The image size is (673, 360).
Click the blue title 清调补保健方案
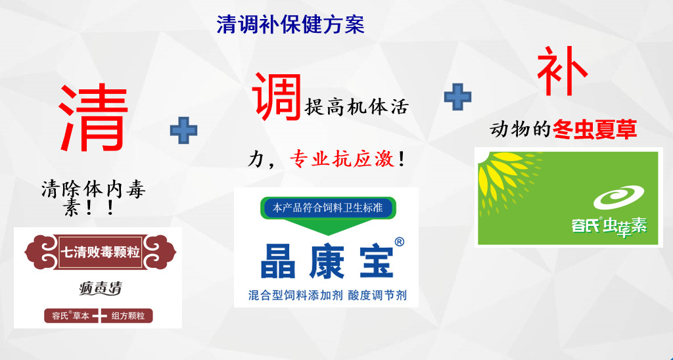click(290, 25)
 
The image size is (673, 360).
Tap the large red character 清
click(93, 117)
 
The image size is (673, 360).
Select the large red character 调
click(277, 96)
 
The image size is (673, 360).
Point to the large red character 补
click(563, 71)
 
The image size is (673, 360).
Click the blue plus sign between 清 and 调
click(184, 131)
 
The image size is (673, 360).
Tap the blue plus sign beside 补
click(457, 97)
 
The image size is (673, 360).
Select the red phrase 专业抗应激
click(342, 160)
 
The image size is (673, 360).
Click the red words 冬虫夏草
click(594, 129)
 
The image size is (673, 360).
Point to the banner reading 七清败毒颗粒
click(100, 252)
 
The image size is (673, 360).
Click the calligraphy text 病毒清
click(101, 288)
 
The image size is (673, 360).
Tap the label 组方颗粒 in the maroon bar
click(128, 316)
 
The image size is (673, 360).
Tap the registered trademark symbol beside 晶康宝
click(399, 242)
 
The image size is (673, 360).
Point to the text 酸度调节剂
click(377, 296)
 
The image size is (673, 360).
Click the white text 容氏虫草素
click(609, 226)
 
